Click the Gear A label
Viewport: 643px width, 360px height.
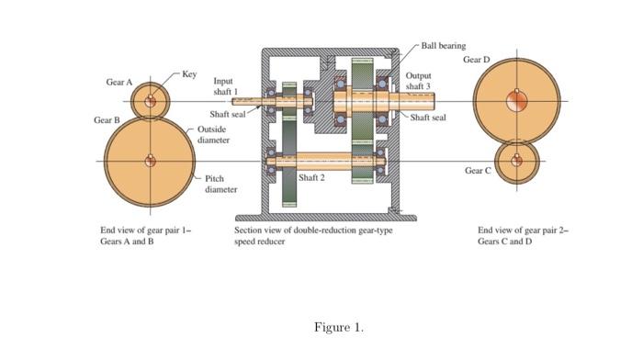click(119, 82)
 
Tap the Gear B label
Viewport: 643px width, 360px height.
click(107, 120)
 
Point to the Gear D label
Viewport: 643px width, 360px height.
click(477, 60)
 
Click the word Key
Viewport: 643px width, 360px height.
click(189, 73)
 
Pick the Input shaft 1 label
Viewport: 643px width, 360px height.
click(225, 86)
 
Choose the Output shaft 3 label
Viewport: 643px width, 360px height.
click(418, 81)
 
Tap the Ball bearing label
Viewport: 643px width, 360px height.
click(444, 45)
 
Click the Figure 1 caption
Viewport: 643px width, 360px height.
click(339, 327)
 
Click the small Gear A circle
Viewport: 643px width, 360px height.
click(150, 101)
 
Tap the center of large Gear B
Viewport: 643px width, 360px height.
click(149, 162)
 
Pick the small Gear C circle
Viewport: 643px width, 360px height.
click(517, 162)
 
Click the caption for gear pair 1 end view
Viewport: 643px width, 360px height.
click(145, 236)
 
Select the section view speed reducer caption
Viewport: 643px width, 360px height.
click(313, 236)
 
